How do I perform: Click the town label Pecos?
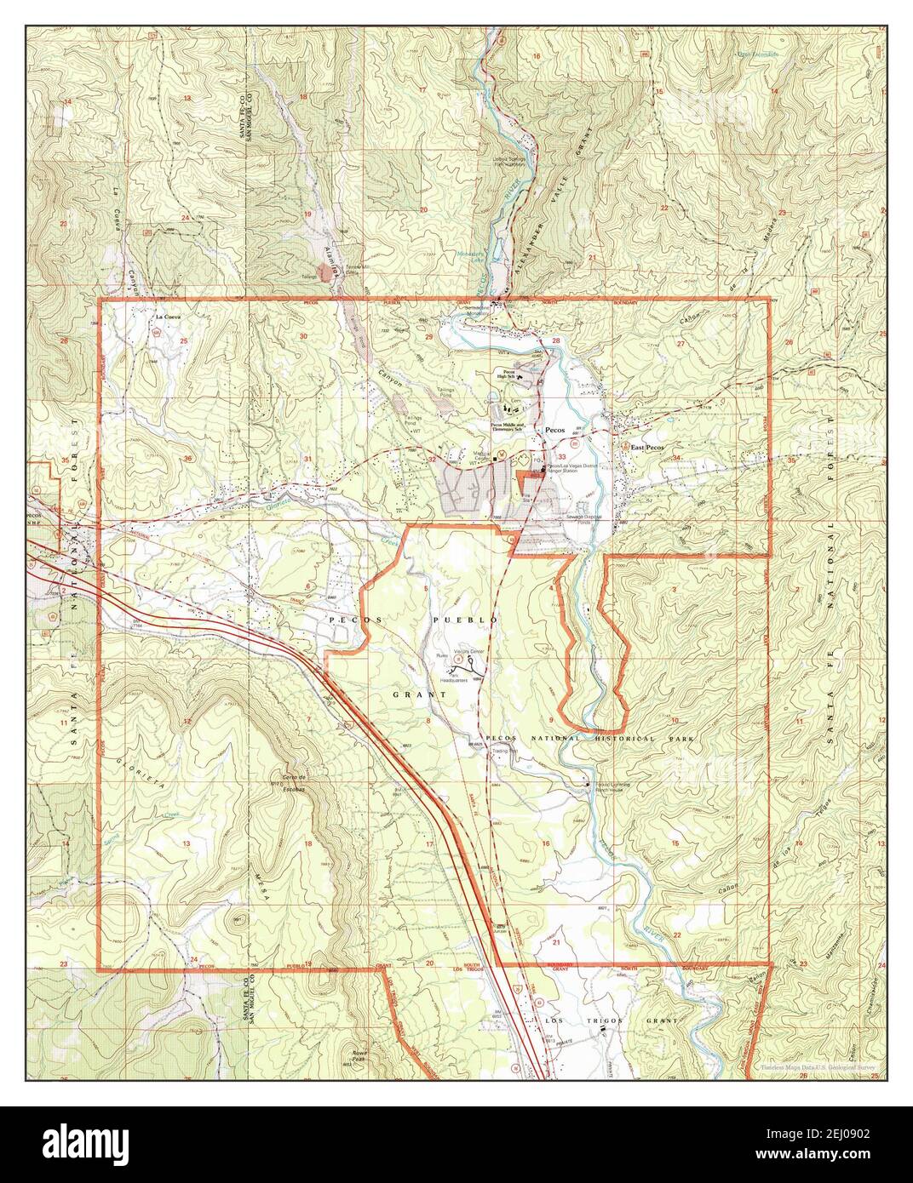point(556,431)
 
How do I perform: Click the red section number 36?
point(187,459)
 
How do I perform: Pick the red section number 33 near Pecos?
point(586,457)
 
